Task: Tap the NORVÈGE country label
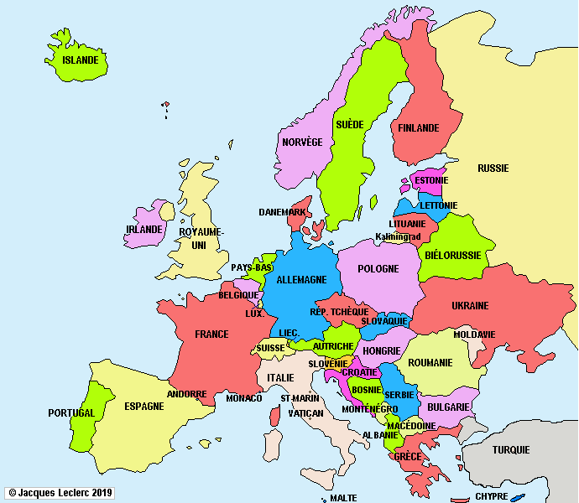[302, 143]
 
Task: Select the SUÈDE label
[350, 125]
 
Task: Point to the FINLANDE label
[419, 128]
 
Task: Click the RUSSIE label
[493, 169]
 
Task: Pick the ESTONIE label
[430, 181]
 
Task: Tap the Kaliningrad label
[398, 237]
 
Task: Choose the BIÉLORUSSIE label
[453, 255]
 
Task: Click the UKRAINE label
[470, 306]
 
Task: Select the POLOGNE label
[378, 269]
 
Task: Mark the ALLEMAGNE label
[301, 280]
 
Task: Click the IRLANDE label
[143, 230]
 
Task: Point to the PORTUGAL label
[71, 413]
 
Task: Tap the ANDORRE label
[187, 394]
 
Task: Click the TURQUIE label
[511, 450]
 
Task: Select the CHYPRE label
[492, 496]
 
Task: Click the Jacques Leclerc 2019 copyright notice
[60, 493]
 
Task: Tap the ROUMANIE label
[430, 363]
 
